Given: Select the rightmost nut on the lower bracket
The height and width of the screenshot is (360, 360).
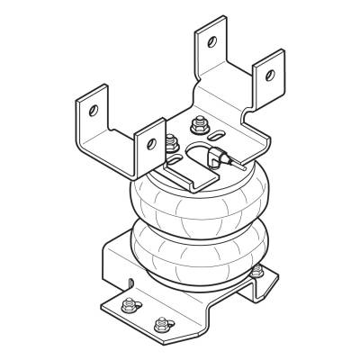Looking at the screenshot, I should [261, 271].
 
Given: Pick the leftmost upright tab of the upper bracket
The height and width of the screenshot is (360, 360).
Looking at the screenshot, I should [92, 121].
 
